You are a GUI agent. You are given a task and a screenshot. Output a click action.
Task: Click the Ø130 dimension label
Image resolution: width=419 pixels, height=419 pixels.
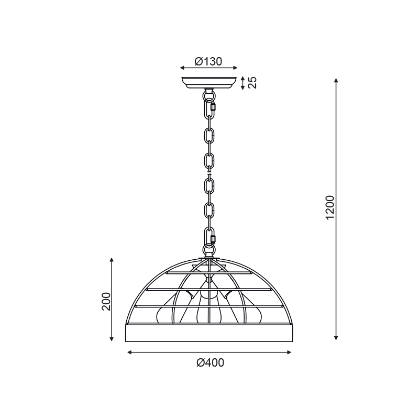click(x=208, y=61)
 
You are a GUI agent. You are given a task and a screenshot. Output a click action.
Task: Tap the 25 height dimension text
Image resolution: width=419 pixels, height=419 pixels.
click(x=252, y=83)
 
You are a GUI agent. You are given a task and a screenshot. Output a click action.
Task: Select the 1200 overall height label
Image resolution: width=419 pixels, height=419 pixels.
click(x=329, y=208)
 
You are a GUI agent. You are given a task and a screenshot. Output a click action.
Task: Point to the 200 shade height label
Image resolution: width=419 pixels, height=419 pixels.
click(x=106, y=301)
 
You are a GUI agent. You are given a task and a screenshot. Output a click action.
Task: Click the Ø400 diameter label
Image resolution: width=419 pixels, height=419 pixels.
click(x=210, y=363)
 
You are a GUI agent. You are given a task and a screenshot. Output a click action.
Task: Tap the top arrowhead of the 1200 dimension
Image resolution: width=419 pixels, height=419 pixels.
click(x=336, y=81)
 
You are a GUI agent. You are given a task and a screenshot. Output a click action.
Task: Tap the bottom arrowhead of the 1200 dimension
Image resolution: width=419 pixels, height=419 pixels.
click(x=336, y=338)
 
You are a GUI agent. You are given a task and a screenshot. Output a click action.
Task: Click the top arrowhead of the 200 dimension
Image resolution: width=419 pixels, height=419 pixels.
click(x=112, y=259)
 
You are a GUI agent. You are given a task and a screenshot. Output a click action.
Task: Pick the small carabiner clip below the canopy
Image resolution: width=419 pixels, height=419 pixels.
click(x=213, y=107)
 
